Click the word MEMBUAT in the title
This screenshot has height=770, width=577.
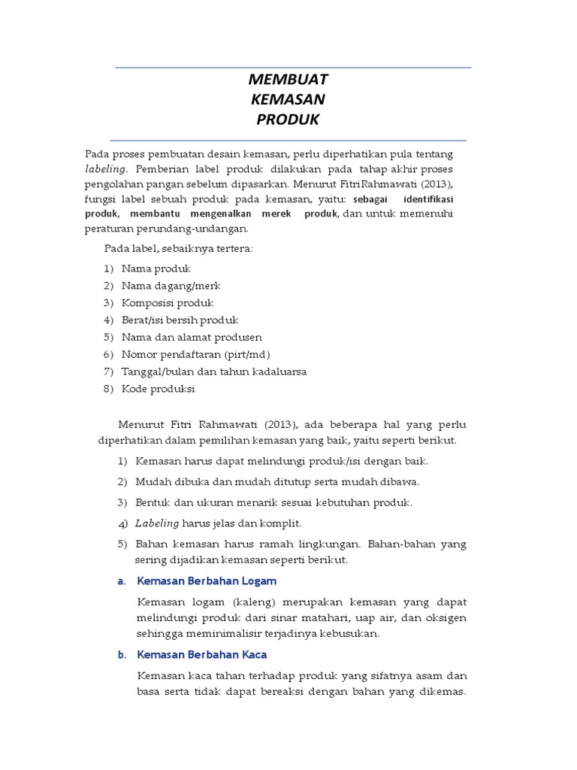[288, 80]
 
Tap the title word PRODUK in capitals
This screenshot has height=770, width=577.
[288, 120]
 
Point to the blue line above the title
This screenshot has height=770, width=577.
[293, 68]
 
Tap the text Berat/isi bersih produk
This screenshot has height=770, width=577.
[180, 320]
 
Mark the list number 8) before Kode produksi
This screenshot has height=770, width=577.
[109, 389]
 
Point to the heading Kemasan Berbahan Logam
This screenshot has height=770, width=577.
[207, 581]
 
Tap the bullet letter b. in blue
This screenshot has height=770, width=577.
[121, 655]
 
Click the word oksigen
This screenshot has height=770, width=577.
[443, 618]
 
